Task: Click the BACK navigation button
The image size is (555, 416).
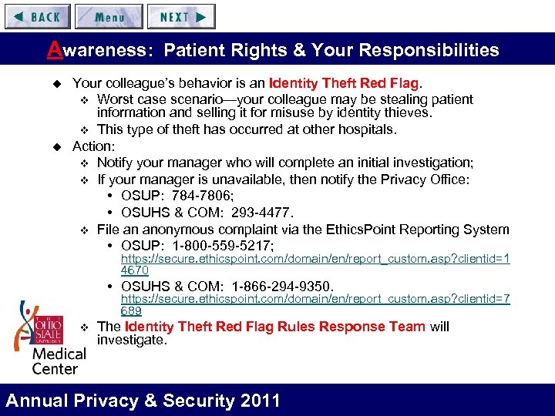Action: [x=37, y=16]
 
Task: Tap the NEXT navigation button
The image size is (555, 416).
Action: [x=181, y=16]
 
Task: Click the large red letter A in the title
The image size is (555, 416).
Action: [x=54, y=50]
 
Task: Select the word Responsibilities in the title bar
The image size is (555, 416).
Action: [x=431, y=51]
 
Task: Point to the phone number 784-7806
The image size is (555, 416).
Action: [x=200, y=196]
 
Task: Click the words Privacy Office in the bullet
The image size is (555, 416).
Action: [x=428, y=180]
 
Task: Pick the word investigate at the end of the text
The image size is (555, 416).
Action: [x=129, y=340]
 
